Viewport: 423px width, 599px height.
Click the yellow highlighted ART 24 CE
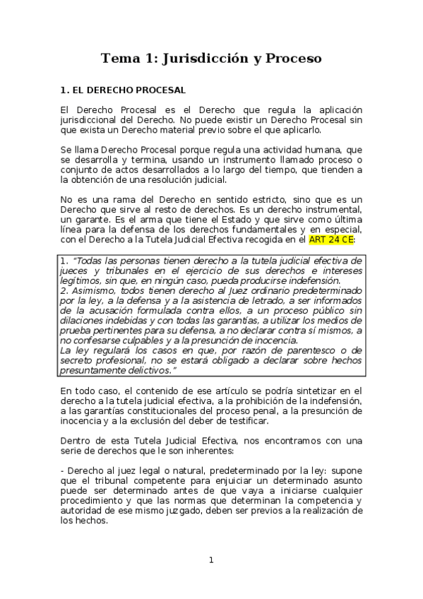click(x=332, y=239)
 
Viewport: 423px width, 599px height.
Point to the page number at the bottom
click(x=210, y=560)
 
